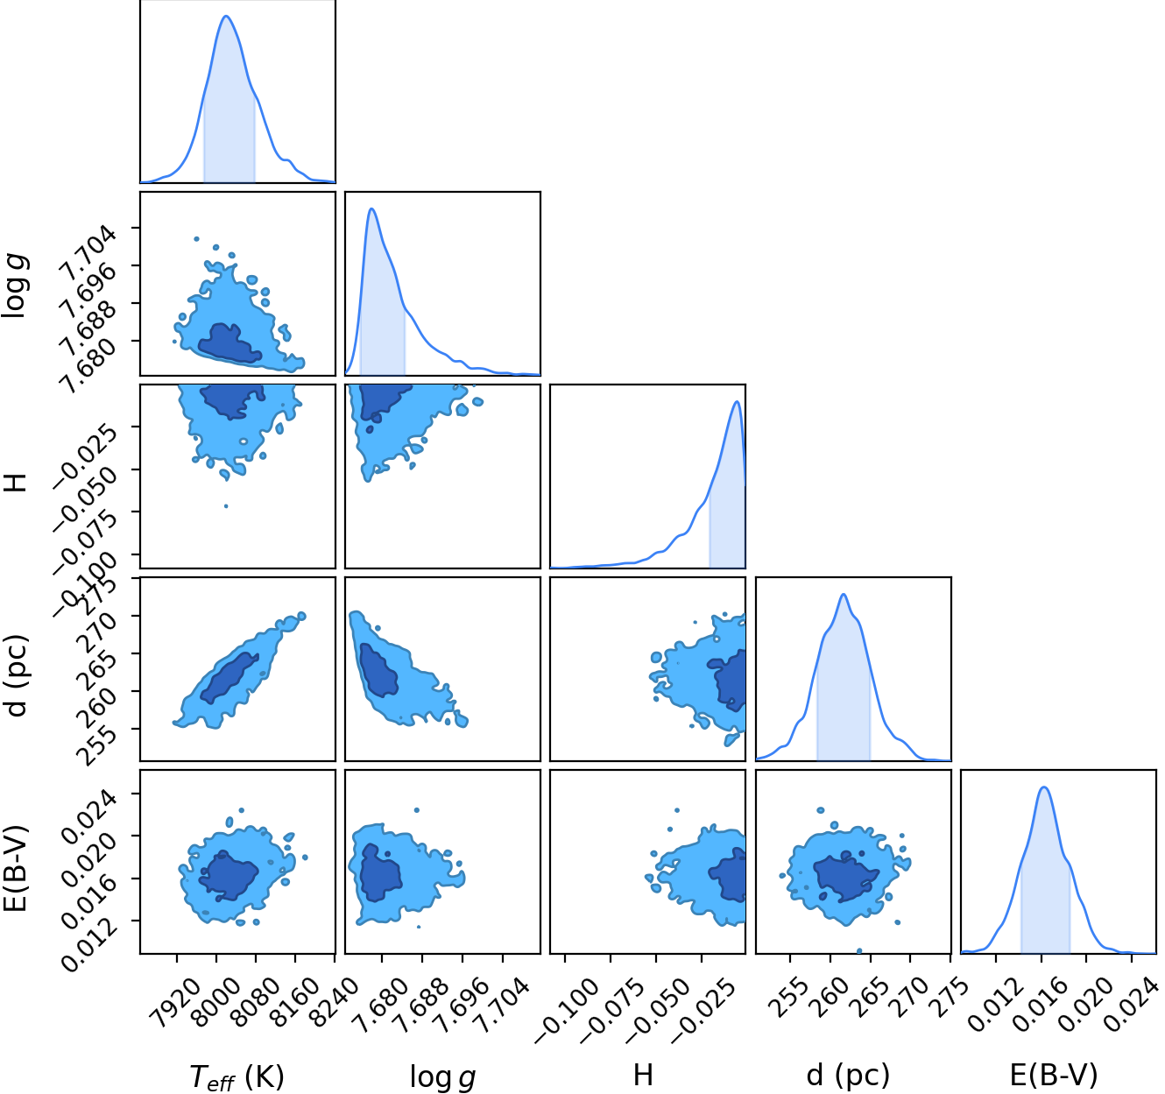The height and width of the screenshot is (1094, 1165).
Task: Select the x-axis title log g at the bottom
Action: pyautogui.click(x=442, y=1077)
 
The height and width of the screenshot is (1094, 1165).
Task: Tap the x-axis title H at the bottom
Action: pyautogui.click(x=644, y=1075)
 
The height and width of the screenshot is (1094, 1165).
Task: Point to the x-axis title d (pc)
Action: pyautogui.click(x=848, y=1076)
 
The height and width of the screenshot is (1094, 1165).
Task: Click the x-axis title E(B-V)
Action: pyautogui.click(x=1054, y=1076)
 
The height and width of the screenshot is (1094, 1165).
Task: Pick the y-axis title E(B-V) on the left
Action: pyautogui.click(x=15, y=869)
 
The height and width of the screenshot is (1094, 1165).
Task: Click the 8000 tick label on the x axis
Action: pyautogui.click(x=216, y=1004)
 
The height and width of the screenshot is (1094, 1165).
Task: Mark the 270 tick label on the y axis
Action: pyautogui.click(x=97, y=632)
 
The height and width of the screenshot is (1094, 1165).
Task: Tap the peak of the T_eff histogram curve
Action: pyautogui.click(x=226, y=16)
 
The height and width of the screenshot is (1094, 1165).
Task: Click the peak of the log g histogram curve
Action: pyautogui.click(x=371, y=208)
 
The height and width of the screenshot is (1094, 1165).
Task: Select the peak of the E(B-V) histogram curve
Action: pyautogui.click(x=1043, y=787)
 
